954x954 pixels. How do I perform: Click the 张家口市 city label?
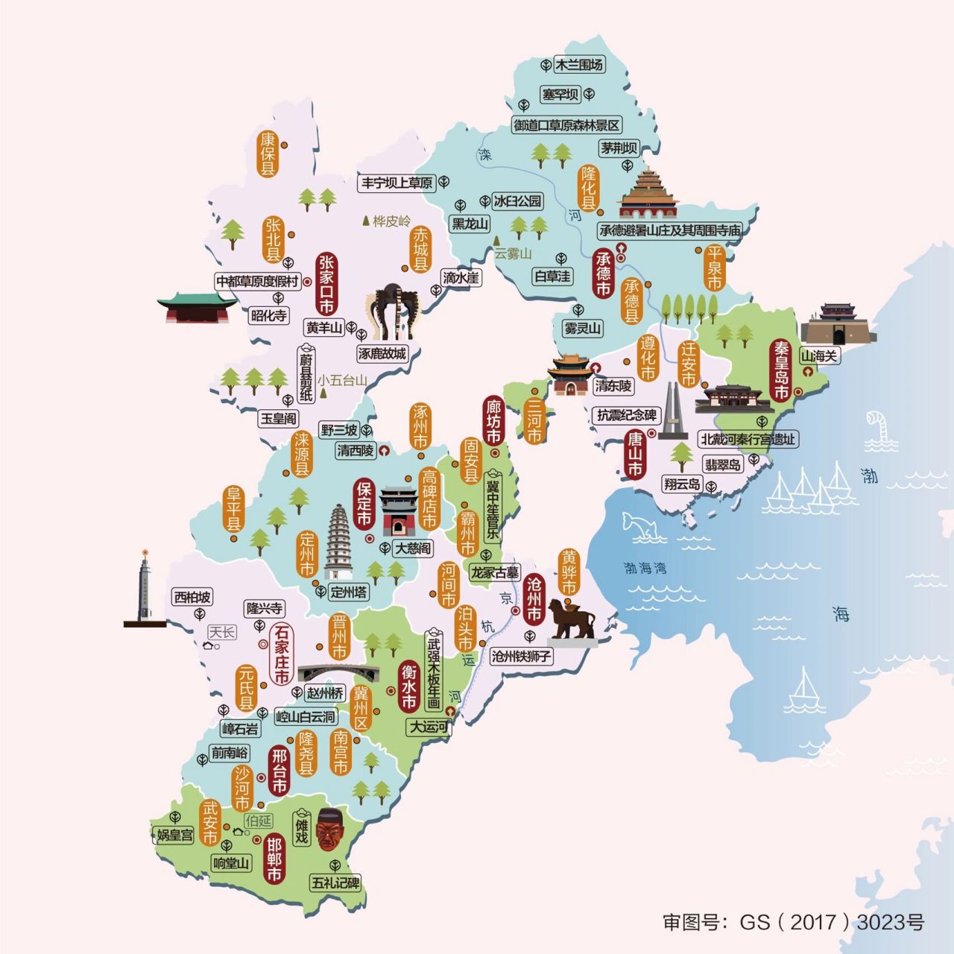click(x=326, y=284)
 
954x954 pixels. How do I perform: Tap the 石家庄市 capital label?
click(x=281, y=654)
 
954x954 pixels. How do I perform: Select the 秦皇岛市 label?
click(x=781, y=370)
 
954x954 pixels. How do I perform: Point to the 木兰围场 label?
click(x=580, y=65)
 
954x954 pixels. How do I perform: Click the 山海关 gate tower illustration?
click(x=838, y=323)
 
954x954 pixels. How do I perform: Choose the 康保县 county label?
click(x=268, y=155)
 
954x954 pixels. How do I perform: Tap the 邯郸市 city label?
click(x=274, y=859)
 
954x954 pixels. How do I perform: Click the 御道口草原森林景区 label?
click(x=567, y=125)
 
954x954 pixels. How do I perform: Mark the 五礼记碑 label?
click(x=335, y=883)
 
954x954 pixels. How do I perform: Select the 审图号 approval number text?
click(x=793, y=922)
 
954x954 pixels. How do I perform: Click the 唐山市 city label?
click(x=634, y=453)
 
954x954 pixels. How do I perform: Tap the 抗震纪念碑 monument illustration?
click(x=672, y=412)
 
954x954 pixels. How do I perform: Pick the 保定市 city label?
click(x=364, y=504)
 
